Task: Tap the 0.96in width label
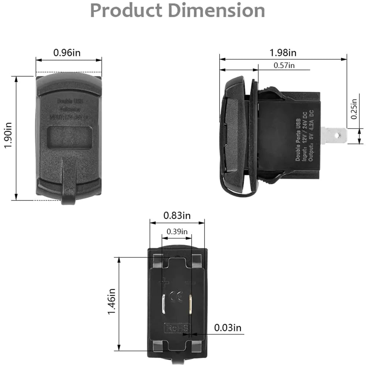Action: click(67, 52)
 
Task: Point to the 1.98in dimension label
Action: click(283, 52)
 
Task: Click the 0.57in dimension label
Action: click(284, 66)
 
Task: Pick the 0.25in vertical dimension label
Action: click(354, 109)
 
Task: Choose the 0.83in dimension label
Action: click(177, 216)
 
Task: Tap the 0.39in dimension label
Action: click(177, 232)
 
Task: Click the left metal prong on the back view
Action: click(164, 304)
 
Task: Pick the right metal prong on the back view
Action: click(191, 303)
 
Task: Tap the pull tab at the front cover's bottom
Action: click(69, 183)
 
